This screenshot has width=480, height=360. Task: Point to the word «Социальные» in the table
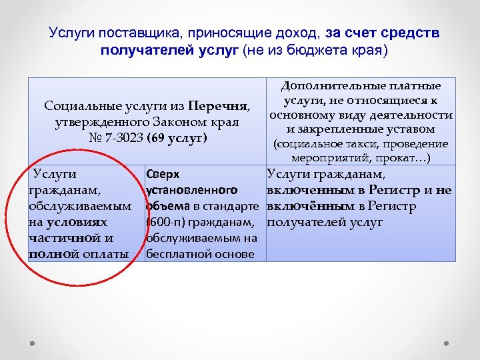(x=79, y=107)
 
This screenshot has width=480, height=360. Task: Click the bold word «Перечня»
(x=218, y=107)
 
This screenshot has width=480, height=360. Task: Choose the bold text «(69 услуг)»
(x=177, y=139)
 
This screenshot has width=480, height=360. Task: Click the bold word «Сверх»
(x=162, y=175)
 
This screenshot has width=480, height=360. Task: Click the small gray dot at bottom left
(x=31, y=343)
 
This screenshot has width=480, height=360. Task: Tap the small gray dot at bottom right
(x=447, y=343)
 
